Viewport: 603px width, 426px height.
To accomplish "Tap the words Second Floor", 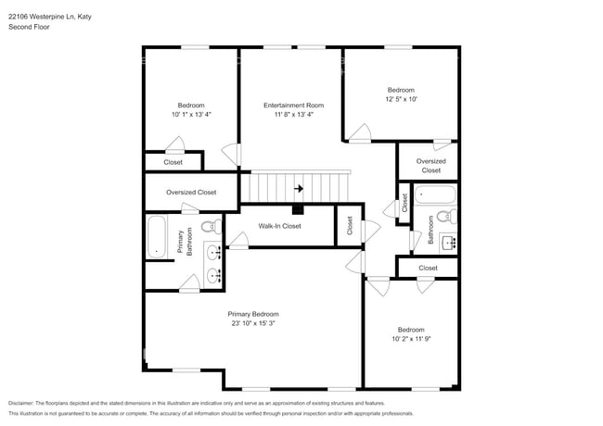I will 29,27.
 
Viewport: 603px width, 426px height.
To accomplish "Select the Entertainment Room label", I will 293,106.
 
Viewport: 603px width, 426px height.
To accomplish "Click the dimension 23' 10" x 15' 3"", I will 252,323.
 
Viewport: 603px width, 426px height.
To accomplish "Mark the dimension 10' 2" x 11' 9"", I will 410,340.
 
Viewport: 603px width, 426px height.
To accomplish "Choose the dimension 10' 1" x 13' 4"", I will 191,115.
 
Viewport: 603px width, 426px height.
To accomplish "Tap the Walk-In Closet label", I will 279,225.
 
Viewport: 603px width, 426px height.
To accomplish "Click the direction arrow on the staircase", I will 298,188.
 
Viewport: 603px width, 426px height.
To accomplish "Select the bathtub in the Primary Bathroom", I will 157,238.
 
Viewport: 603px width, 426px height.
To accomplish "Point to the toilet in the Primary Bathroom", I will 211,225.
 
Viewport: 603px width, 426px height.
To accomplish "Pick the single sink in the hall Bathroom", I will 450,243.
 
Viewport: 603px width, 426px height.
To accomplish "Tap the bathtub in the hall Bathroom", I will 434,195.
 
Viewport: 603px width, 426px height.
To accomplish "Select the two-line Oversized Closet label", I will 430,166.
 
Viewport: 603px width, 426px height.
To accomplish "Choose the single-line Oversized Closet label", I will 191,193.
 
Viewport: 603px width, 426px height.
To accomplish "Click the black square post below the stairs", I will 297,208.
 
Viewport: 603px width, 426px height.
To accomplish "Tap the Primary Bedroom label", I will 252,313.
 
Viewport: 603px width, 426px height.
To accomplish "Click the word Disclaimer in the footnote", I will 25,403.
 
